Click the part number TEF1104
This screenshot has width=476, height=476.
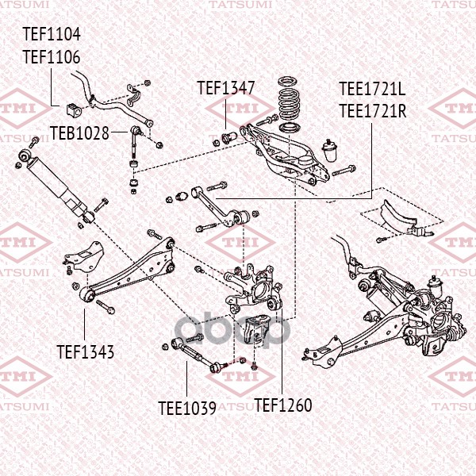click(x=51, y=35)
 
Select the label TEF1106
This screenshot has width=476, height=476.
click(x=51, y=56)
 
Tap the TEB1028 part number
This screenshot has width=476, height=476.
click(x=79, y=132)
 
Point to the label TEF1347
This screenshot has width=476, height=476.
click(x=225, y=88)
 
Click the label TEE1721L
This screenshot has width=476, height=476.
click(x=372, y=89)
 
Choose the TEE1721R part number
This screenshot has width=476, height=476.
click(x=372, y=110)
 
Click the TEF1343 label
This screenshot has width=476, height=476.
click(x=85, y=350)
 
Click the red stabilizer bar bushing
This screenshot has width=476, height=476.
click(x=77, y=105)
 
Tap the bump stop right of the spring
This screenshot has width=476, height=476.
click(x=328, y=149)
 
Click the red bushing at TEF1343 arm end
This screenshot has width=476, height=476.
click(x=87, y=296)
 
